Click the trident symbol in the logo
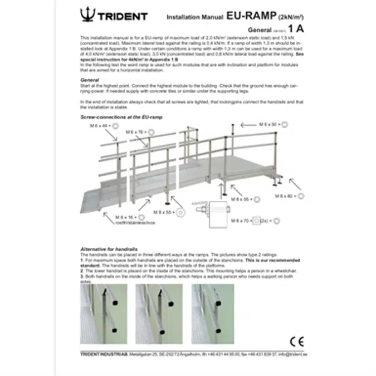pyautogui.click(x=87, y=14)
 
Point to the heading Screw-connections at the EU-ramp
pyautogui.click(x=114, y=119)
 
